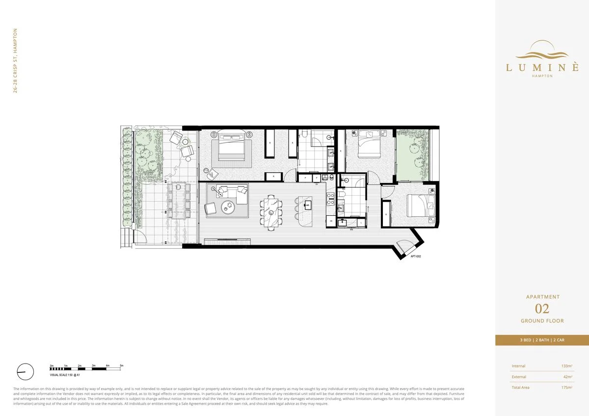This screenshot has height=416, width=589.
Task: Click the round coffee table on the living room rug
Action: pyautogui.click(x=229, y=207)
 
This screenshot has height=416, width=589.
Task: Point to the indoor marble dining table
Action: pyautogui.click(x=272, y=212)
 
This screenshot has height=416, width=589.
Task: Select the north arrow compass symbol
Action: pyautogui.click(x=25, y=371)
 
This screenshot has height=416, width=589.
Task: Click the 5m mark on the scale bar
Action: pyautogui.click(x=121, y=366)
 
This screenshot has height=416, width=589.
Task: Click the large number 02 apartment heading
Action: pyautogui.click(x=542, y=309)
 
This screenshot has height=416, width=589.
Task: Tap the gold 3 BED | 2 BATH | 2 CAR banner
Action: pyautogui.click(x=542, y=340)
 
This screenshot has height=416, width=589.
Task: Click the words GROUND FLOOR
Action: pyautogui.click(x=542, y=321)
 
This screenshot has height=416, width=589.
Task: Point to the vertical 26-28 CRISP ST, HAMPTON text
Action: pyautogui.click(x=16, y=60)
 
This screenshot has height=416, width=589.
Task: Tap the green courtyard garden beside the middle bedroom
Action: pyautogui.click(x=412, y=155)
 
